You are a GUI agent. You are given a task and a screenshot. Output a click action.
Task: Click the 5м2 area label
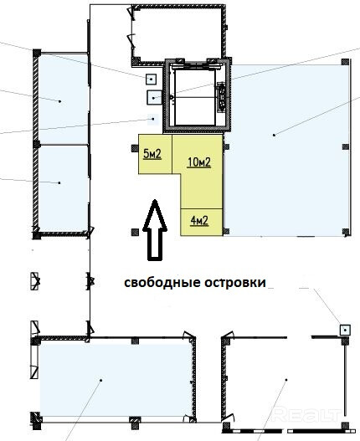152,154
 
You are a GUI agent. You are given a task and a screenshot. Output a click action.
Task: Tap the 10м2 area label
199,162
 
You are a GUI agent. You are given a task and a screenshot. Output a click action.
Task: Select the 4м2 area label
199,221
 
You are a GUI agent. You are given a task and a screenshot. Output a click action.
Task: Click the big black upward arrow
155,230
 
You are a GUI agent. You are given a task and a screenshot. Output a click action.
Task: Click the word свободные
162,282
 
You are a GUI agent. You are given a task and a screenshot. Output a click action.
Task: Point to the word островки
235,282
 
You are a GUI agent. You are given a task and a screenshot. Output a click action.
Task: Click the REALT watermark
307,414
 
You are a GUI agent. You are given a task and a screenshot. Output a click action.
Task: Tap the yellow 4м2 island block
202,222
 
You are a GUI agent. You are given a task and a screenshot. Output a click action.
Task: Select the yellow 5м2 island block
155,154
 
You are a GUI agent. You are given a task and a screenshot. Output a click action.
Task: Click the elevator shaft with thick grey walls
198,96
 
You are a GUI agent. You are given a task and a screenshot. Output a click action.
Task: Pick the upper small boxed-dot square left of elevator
152,79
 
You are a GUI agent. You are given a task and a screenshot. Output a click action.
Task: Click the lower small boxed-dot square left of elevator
154,98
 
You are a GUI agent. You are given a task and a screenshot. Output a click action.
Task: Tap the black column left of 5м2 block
135,148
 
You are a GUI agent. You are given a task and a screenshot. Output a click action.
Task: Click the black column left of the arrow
135,232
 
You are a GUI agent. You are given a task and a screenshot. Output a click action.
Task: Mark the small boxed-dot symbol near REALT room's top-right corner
345,330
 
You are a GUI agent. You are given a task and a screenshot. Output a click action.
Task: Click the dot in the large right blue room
274,135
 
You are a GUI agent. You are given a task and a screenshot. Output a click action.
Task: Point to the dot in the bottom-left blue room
101,380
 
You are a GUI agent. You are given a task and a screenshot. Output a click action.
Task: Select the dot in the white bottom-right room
286,380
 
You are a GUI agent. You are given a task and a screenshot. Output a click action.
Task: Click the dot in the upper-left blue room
60,101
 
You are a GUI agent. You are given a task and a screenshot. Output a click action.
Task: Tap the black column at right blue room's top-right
346,62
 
